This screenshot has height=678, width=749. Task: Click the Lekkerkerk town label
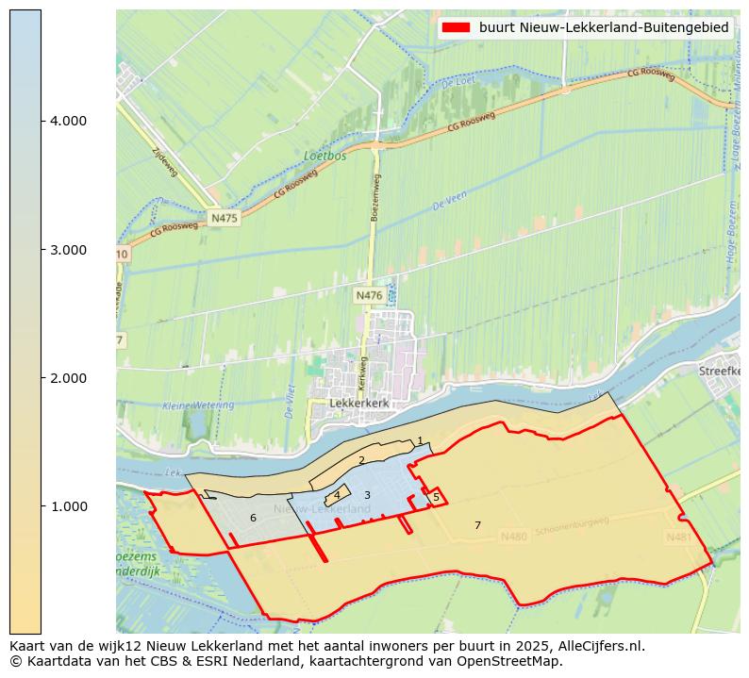(359, 403)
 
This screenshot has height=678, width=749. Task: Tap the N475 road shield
(225, 218)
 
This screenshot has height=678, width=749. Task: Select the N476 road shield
(369, 296)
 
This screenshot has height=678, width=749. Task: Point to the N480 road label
(513, 537)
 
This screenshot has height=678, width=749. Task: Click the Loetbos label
(325, 156)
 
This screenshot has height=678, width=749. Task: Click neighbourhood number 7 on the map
(477, 525)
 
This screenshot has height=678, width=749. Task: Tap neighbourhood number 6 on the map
(253, 518)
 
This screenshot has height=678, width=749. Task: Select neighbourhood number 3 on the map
(367, 495)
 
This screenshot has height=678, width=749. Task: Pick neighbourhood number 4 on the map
(337, 495)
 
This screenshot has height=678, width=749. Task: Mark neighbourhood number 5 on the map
(436, 497)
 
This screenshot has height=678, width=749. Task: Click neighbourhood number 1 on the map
(420, 441)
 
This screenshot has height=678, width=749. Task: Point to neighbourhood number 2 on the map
(361, 460)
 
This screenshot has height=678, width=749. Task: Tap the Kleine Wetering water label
(198, 405)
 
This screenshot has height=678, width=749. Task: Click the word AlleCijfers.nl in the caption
(599, 646)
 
